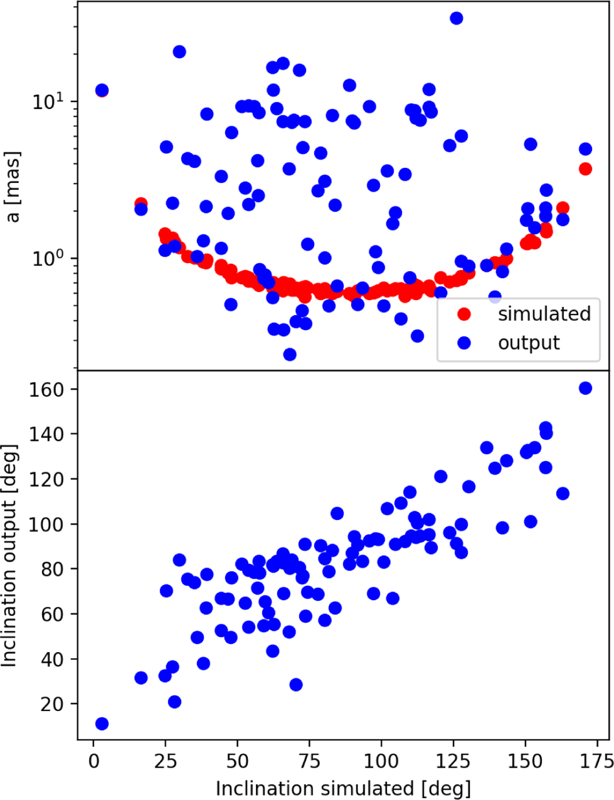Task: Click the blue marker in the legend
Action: point(464,342)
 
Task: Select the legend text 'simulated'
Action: point(544,314)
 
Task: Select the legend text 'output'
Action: point(529,342)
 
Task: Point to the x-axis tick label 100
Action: point(381,761)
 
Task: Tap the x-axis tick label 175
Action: point(598,761)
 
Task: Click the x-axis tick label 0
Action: point(93,761)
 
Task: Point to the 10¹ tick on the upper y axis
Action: point(51,101)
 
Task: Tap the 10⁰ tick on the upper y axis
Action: point(51,258)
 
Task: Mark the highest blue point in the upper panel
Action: point(456,18)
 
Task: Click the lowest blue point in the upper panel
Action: point(290,354)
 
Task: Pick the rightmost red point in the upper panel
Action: point(585,169)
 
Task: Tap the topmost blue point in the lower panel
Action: point(585,388)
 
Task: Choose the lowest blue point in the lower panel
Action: point(102,723)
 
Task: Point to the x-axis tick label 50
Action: point(237,761)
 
